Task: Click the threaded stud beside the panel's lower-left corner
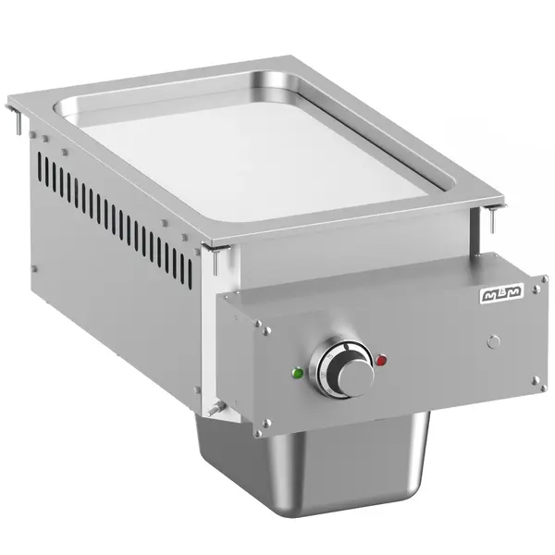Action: (218, 407)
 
